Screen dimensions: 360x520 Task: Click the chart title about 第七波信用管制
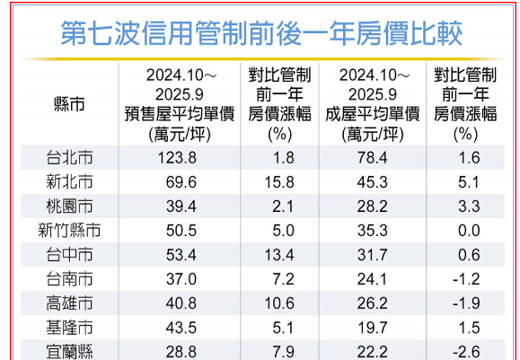(x=261, y=34)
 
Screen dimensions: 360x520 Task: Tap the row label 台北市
(x=70, y=158)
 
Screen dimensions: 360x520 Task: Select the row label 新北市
(x=70, y=182)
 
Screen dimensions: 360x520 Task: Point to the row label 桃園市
(x=70, y=206)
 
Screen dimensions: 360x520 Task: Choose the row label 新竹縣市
(x=70, y=229)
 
